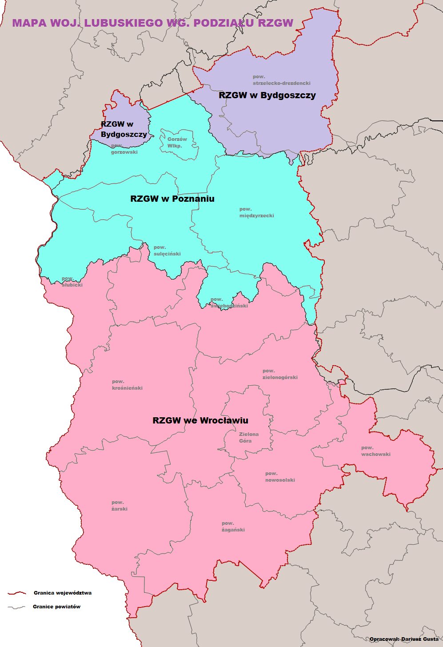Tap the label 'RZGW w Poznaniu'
[172, 199]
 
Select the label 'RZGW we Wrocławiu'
[200, 420]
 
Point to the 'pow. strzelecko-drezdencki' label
[281, 80]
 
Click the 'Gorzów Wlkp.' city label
[177, 142]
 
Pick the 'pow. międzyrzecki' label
[256, 212]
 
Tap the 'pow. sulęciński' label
[167, 251]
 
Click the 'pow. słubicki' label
[72, 282]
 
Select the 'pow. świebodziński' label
[229, 303]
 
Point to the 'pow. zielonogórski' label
[279, 374]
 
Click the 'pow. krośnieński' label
[127, 385]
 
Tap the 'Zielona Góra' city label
[248, 437]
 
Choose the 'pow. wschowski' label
[375, 451]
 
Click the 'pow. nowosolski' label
[279, 477]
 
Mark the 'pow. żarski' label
[119, 506]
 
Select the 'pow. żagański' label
[233, 527]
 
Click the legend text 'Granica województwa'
[63, 593]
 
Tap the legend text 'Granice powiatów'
[56, 607]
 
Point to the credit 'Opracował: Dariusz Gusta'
[403, 639]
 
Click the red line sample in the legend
[17, 593]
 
